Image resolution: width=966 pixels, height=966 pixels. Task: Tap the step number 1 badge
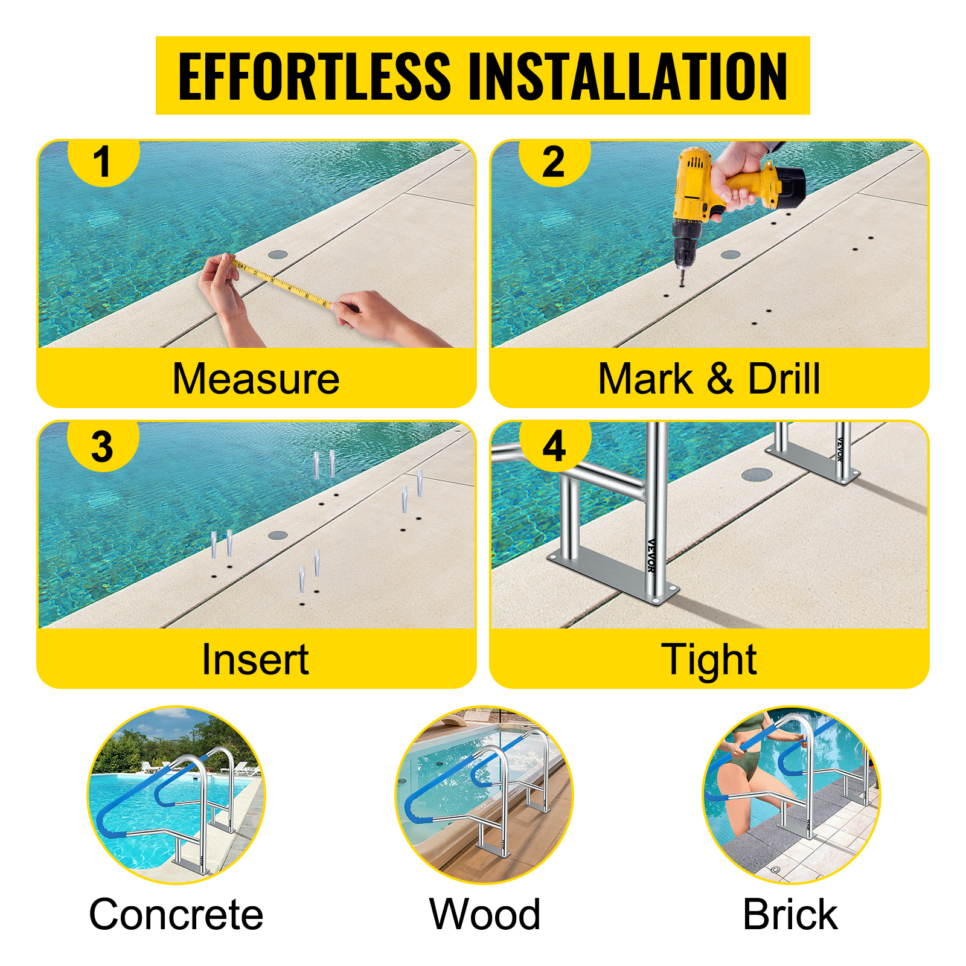(x=103, y=162)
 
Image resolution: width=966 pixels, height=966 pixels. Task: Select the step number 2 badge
(x=554, y=162)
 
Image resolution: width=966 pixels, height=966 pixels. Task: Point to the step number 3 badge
(x=103, y=447)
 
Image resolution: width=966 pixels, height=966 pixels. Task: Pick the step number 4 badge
(x=554, y=447)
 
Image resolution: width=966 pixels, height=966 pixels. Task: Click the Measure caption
(x=256, y=379)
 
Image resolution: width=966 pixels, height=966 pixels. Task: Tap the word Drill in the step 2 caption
(x=784, y=379)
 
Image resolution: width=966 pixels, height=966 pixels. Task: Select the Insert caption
(x=255, y=659)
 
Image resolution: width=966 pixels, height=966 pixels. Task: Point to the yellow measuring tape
(x=280, y=282)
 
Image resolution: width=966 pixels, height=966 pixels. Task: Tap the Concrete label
(x=176, y=914)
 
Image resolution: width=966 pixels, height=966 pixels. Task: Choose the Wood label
(x=485, y=914)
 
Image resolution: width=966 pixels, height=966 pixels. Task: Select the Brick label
(x=790, y=914)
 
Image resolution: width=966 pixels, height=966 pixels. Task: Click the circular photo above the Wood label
(x=484, y=795)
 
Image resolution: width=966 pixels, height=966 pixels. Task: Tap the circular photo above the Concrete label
(x=176, y=795)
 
